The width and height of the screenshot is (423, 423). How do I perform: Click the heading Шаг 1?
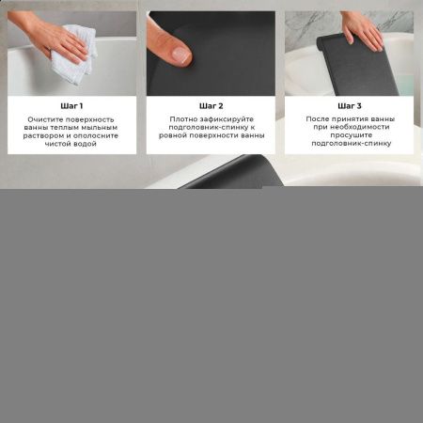click(x=71, y=106)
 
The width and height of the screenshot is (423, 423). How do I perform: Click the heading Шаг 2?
click(x=211, y=106)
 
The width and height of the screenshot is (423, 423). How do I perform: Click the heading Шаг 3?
click(x=349, y=106)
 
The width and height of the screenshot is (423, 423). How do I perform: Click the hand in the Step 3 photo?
click(x=361, y=31)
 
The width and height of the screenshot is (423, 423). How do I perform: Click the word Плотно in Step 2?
click(x=183, y=120)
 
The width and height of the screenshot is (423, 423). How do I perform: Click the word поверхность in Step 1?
click(x=93, y=120)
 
